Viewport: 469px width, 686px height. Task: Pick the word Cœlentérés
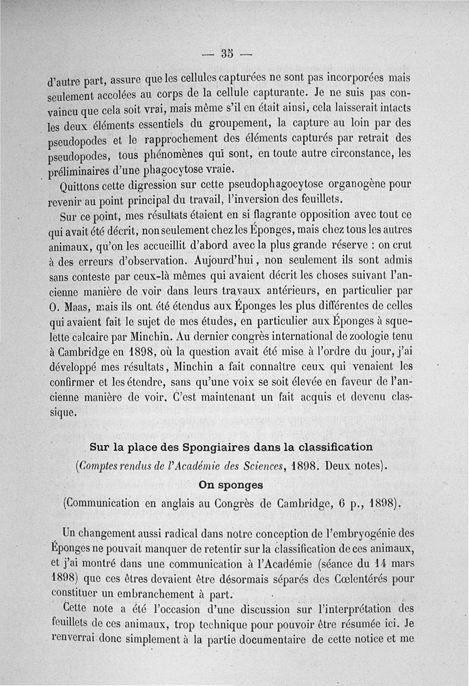347,578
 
